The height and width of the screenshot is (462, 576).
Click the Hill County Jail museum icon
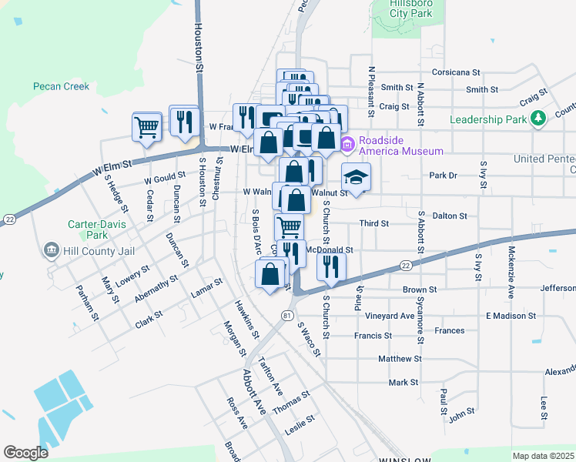(x=52, y=249)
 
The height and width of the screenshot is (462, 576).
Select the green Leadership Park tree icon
(x=541, y=118)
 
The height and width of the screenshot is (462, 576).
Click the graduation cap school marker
(x=356, y=178)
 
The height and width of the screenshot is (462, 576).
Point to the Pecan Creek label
(x=62, y=86)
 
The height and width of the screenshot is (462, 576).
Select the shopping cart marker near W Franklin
(x=146, y=126)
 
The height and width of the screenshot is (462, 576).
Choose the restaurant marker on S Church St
(x=331, y=266)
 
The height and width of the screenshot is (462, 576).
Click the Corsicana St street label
(x=455, y=72)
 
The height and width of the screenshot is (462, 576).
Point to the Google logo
(x=25, y=453)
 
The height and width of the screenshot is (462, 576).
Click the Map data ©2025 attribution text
(x=543, y=456)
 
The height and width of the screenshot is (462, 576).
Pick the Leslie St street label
(x=300, y=422)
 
